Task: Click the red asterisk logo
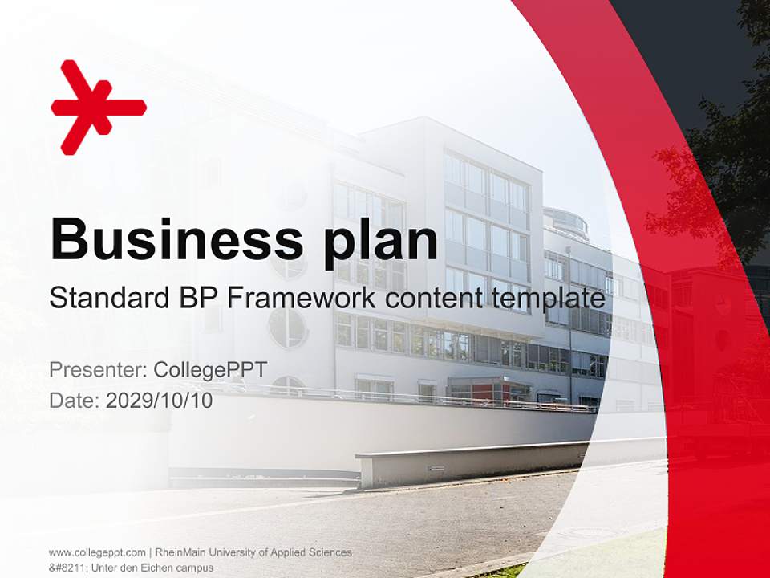click(98, 107)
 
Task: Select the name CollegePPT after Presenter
click(209, 370)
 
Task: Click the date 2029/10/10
click(159, 401)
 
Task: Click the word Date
click(73, 401)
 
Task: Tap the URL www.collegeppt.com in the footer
click(97, 552)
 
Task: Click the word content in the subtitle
click(434, 298)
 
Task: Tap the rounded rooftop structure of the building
click(565, 222)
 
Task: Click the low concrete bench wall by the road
click(481, 462)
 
